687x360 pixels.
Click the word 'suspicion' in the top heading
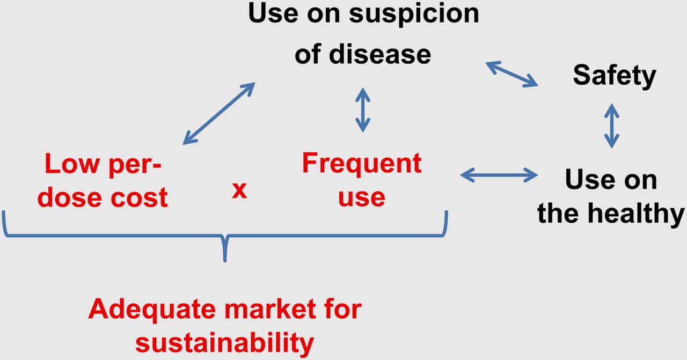pos(414,14)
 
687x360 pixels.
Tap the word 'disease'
pos(380,55)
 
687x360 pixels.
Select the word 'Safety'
pos(615,76)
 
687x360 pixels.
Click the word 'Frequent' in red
pos(362,164)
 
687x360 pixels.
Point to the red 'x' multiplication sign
pos(239,190)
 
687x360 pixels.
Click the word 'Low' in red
pos(72,164)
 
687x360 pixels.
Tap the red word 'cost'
pos(139,198)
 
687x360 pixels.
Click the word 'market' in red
pos(270,309)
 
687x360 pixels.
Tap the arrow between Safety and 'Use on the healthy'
pos(612,126)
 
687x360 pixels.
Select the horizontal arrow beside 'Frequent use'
pos(499,175)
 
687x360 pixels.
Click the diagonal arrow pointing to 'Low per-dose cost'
pos(219,113)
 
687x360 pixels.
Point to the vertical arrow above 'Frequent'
pos(363,110)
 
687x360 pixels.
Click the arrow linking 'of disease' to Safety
pos(512,74)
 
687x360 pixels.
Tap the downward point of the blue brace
pos(225,261)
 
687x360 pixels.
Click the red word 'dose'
pos(69,197)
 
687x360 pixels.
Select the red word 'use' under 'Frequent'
pos(362,198)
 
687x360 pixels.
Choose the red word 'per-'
pos(135,166)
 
